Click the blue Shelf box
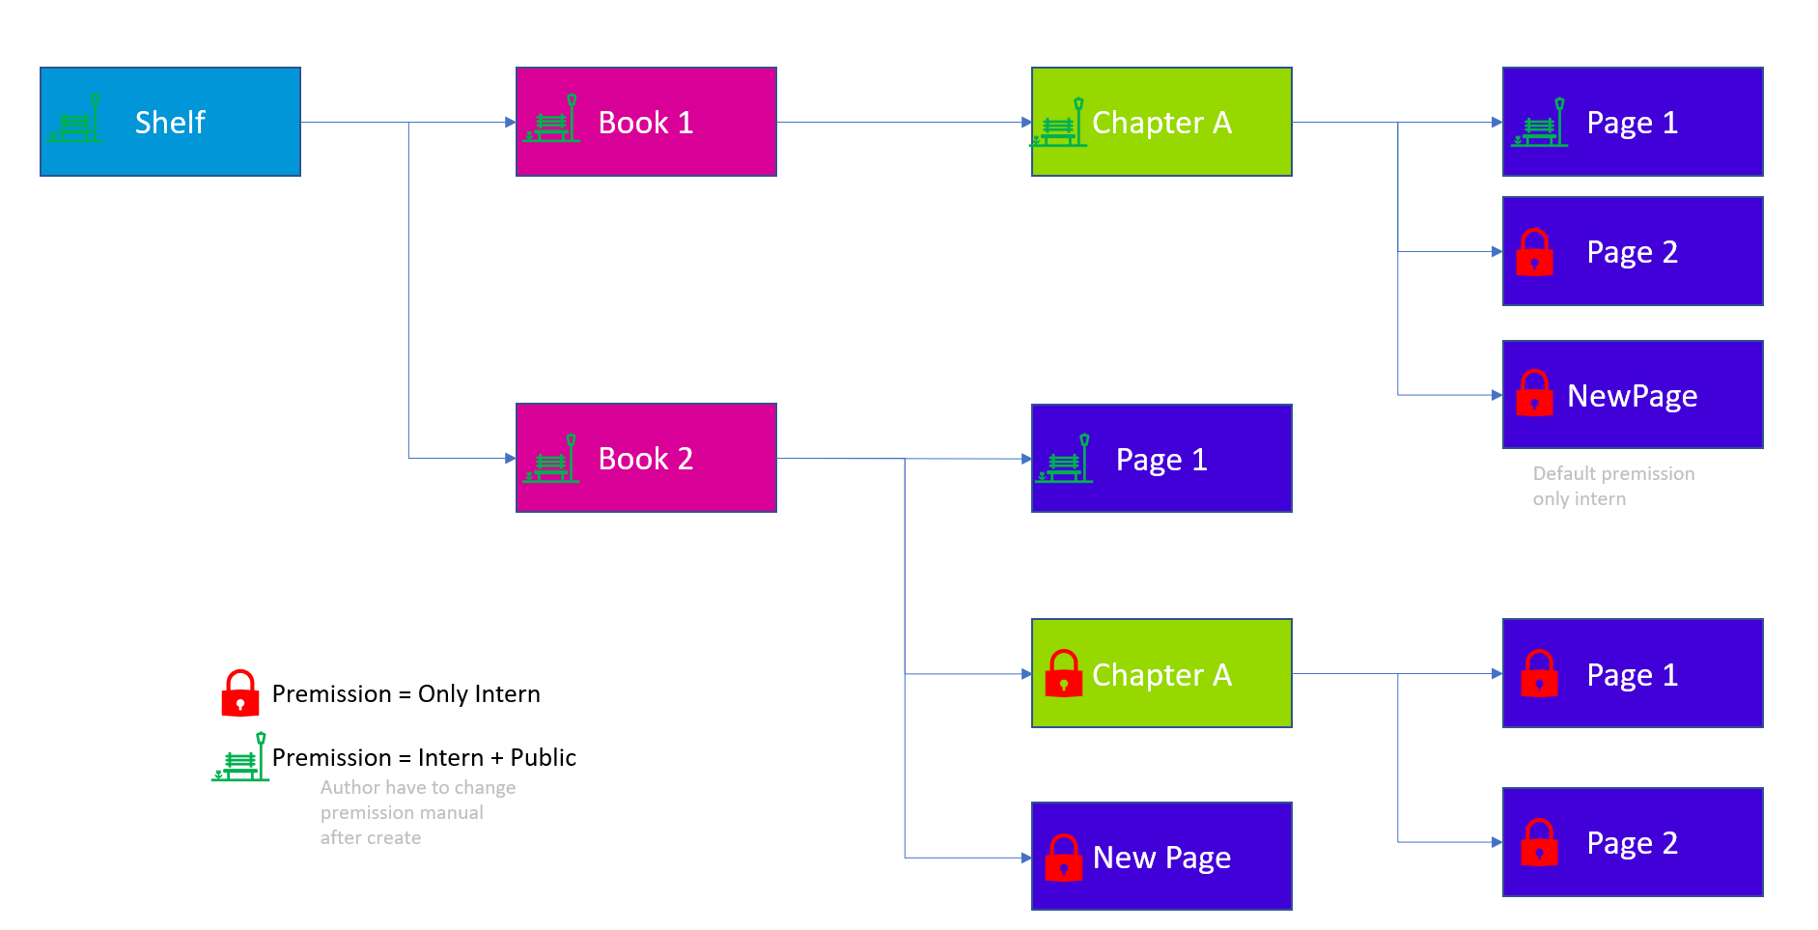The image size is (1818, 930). pos(170,122)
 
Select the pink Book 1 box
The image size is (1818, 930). pos(646,122)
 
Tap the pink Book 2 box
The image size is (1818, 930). pos(646,458)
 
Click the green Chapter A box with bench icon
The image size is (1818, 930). pos(1161,122)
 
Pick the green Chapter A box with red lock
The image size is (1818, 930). pos(1161,673)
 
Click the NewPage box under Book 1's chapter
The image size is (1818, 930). pos(1633,394)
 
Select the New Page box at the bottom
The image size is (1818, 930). pos(1161,856)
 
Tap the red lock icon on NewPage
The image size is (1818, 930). pos(1534,393)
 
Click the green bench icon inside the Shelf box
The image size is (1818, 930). pos(74,120)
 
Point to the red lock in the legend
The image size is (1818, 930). pos(240,693)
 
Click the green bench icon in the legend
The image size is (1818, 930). pos(240,758)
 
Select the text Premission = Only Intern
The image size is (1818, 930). pos(406,694)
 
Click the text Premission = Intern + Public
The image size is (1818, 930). pos(424,758)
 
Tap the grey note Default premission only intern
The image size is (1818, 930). pos(1613,486)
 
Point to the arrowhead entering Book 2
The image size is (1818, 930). pos(511,458)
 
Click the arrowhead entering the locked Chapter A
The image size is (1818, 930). pos(1026,673)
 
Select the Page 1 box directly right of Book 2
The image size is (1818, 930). pos(1161,458)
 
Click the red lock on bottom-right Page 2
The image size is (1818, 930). pos(1539,842)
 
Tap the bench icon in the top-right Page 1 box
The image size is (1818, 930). pos(1540,124)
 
